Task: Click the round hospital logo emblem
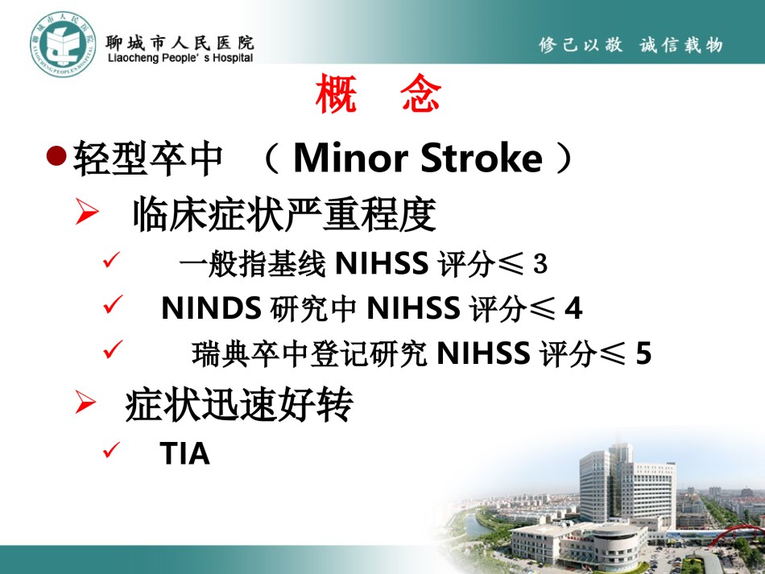tap(63, 44)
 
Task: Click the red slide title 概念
tap(378, 93)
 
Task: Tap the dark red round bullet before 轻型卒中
tap(56, 155)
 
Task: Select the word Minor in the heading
tap(351, 158)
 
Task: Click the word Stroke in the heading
tap(481, 158)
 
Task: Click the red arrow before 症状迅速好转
tap(86, 402)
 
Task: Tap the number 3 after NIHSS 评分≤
tap(540, 264)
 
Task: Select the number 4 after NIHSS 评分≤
tap(573, 308)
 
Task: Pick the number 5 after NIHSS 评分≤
tap(643, 353)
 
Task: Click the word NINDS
tap(211, 308)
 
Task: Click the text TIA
tap(184, 453)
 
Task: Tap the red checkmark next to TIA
tap(112, 450)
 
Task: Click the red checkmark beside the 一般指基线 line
tap(112, 259)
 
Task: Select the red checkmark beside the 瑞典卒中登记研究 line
tap(114, 349)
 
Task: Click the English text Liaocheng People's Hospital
tap(180, 58)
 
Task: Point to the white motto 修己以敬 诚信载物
tap(631, 45)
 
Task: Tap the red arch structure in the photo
tap(737, 533)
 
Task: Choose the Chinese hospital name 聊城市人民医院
tap(180, 43)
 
